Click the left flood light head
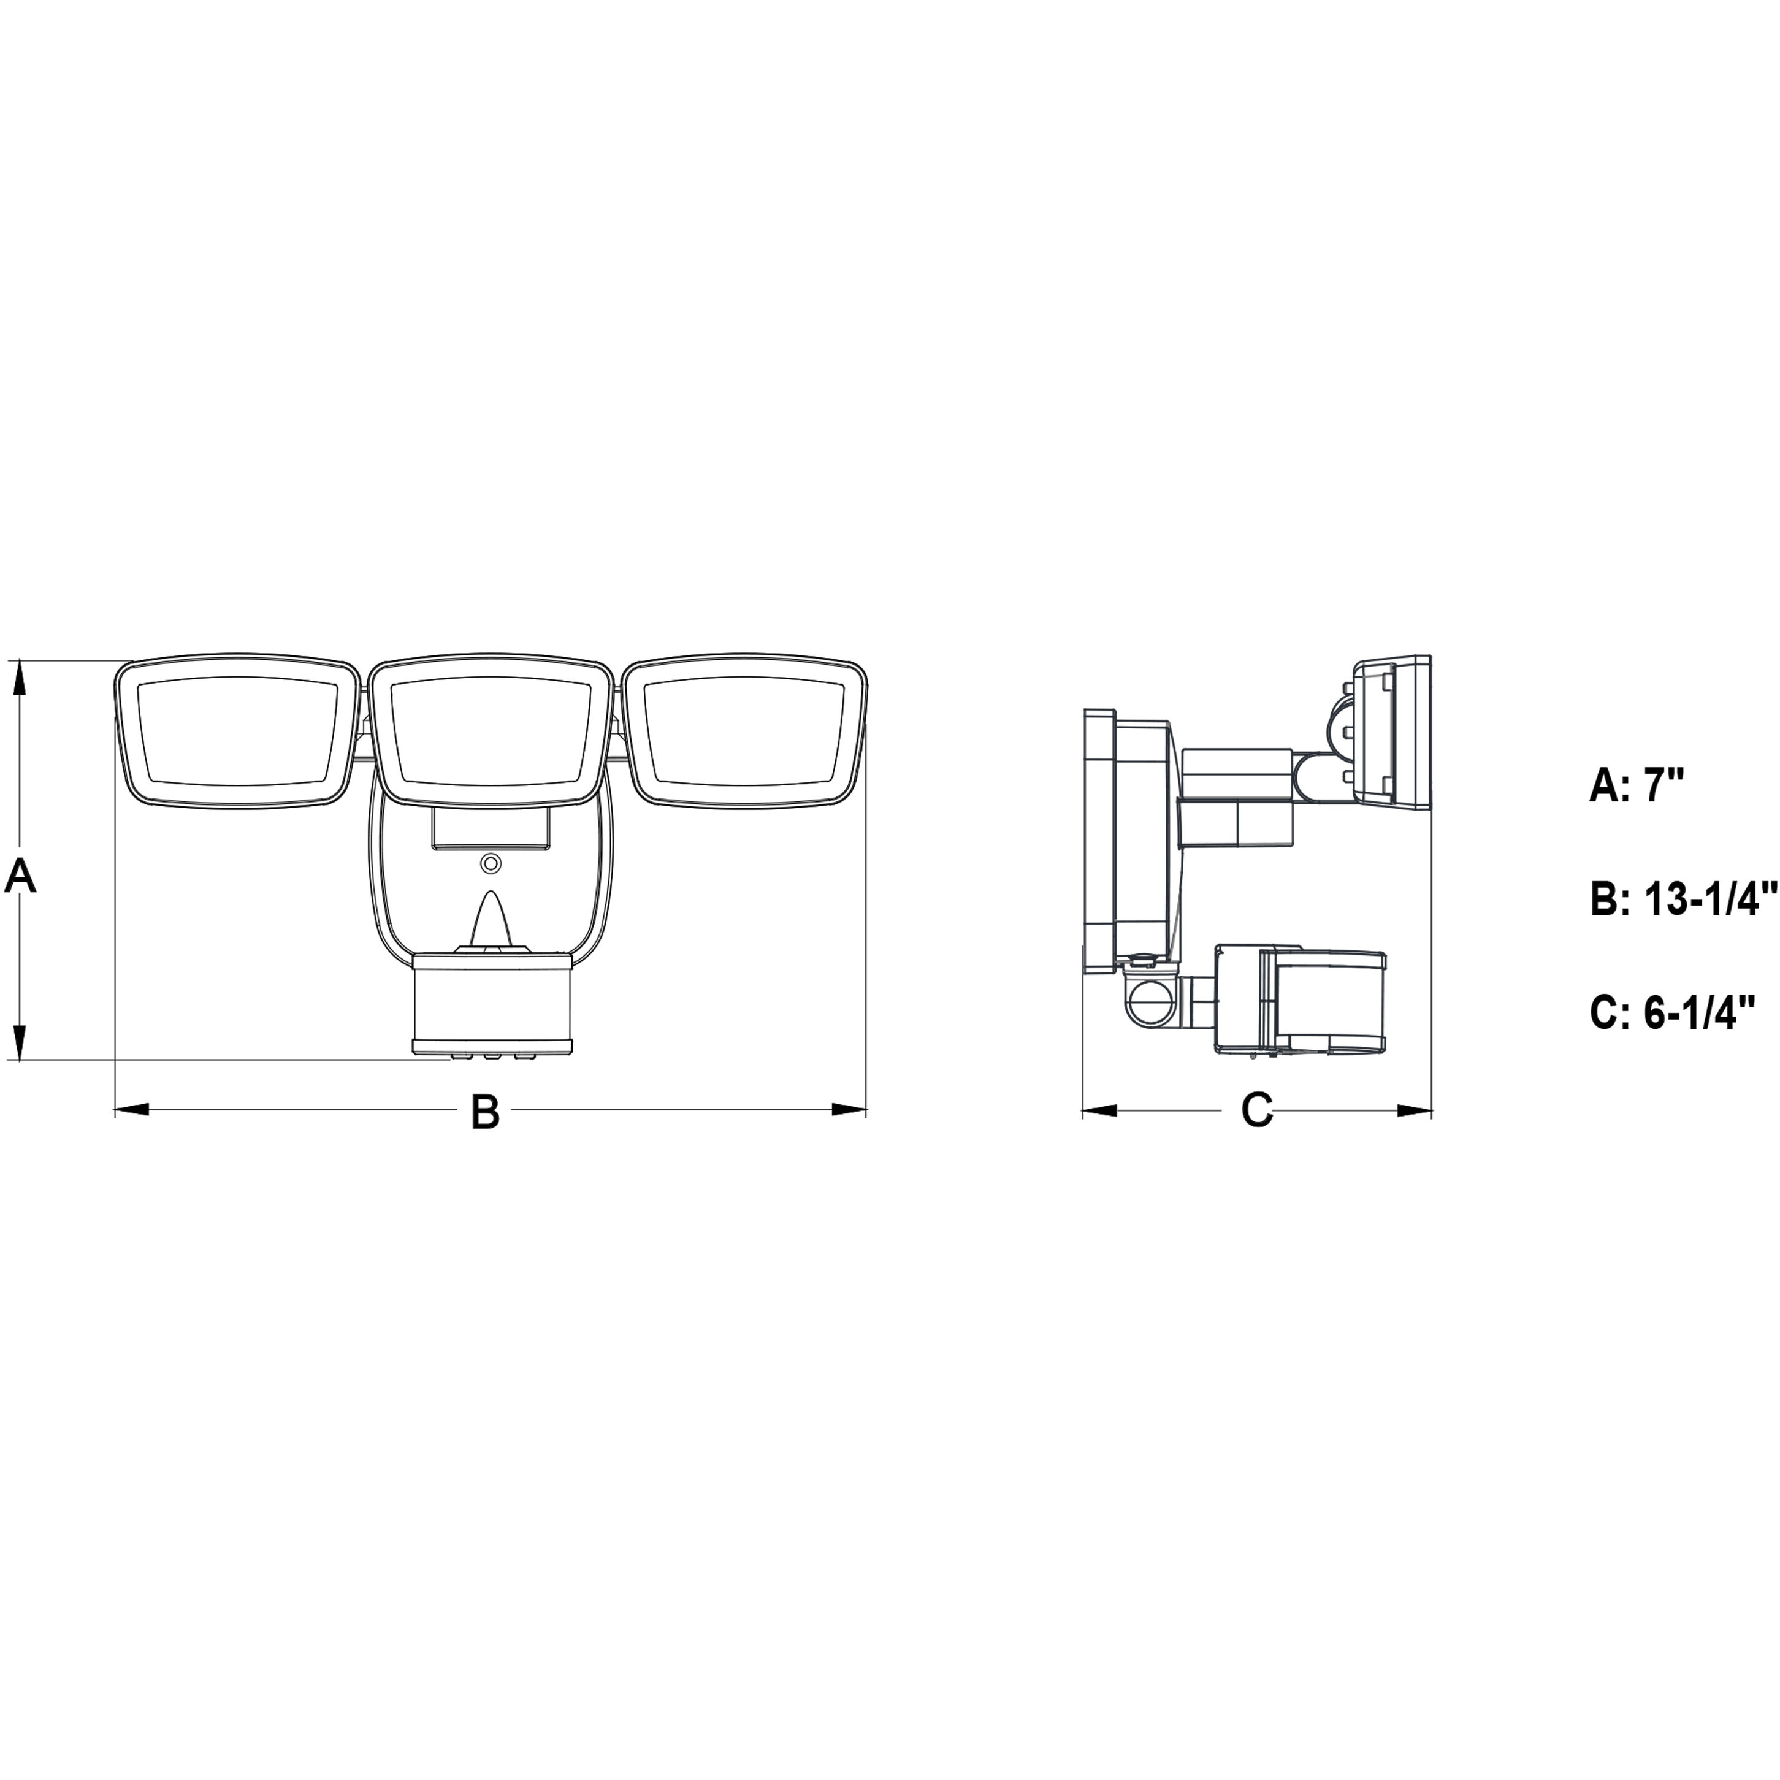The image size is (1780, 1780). pyautogui.click(x=237, y=731)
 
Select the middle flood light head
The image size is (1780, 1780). pyautogui.click(x=491, y=731)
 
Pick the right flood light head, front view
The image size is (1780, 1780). pyautogui.click(x=744, y=731)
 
